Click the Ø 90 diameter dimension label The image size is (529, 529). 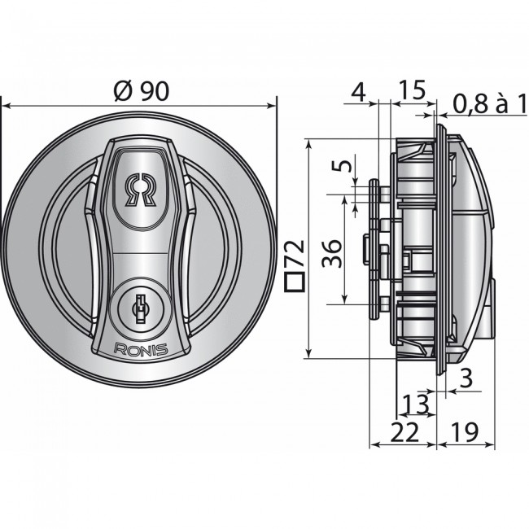[142, 91]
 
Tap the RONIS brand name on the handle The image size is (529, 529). [141, 349]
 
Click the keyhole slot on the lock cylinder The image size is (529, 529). [140, 307]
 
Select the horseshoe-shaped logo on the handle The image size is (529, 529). [140, 190]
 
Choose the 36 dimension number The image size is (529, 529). [331, 253]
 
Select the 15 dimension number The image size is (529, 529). [412, 90]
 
